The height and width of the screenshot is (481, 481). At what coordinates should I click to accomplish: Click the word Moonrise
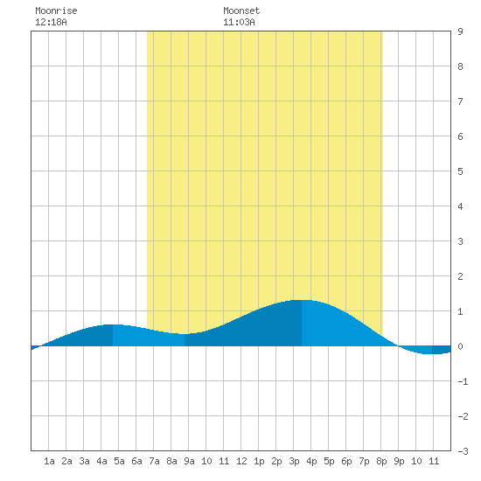click(x=56, y=10)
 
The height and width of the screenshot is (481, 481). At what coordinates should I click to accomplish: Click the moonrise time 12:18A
click(x=51, y=22)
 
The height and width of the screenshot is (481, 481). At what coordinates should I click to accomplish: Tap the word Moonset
click(x=241, y=10)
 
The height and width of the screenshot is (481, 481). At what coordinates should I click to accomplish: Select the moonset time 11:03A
click(x=239, y=22)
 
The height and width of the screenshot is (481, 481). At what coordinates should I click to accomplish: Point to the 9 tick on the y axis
click(x=460, y=31)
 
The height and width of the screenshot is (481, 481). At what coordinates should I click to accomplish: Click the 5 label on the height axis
click(x=460, y=171)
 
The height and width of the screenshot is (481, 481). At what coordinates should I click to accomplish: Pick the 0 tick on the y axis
click(x=460, y=346)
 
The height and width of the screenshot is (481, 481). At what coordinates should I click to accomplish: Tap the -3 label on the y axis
click(x=463, y=451)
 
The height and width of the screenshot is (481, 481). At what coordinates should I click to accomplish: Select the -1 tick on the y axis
click(x=463, y=381)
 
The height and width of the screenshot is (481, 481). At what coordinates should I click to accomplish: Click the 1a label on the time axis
click(x=49, y=461)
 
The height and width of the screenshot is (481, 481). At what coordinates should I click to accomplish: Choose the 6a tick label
click(x=136, y=461)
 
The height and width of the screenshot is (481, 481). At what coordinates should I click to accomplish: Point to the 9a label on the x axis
click(x=189, y=461)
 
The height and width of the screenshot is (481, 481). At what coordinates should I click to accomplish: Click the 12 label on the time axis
click(x=241, y=461)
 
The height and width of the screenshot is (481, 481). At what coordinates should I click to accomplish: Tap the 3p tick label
click(x=294, y=461)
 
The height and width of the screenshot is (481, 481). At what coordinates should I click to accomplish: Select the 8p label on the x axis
click(x=381, y=461)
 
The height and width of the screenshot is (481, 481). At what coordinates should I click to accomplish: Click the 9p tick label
click(x=399, y=461)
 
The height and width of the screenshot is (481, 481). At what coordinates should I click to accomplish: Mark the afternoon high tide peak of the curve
click(x=302, y=300)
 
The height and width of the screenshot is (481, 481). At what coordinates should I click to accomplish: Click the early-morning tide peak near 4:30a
click(x=113, y=324)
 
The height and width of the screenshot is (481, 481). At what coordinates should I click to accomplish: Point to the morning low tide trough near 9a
click(x=185, y=334)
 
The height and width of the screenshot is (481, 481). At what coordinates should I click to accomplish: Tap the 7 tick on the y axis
click(x=460, y=101)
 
